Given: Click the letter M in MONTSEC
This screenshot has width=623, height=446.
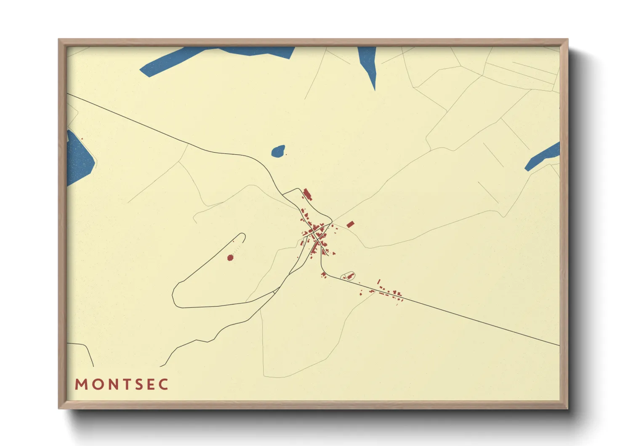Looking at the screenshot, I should coord(81,384).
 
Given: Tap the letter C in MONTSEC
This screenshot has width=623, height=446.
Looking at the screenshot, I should coord(164,384).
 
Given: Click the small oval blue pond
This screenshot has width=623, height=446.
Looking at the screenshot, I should coord(278,151).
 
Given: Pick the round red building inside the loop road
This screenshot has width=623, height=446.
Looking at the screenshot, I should coord(230,258).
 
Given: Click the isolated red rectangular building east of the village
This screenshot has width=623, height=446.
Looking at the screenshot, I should coord(350,224).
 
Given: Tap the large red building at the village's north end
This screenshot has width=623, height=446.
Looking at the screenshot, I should coord(307,195).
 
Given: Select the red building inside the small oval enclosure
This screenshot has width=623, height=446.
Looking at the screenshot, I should coord(349,276).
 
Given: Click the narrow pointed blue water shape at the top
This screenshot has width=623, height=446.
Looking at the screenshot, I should coord(368,63).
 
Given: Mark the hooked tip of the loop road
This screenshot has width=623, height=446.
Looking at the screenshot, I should coord(243,235).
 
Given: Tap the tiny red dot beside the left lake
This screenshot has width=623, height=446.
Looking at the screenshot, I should coord(82,139).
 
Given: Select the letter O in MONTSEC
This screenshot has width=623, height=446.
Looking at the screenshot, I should coord(96,384).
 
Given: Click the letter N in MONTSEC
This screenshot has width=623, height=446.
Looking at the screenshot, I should coord(110,384).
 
